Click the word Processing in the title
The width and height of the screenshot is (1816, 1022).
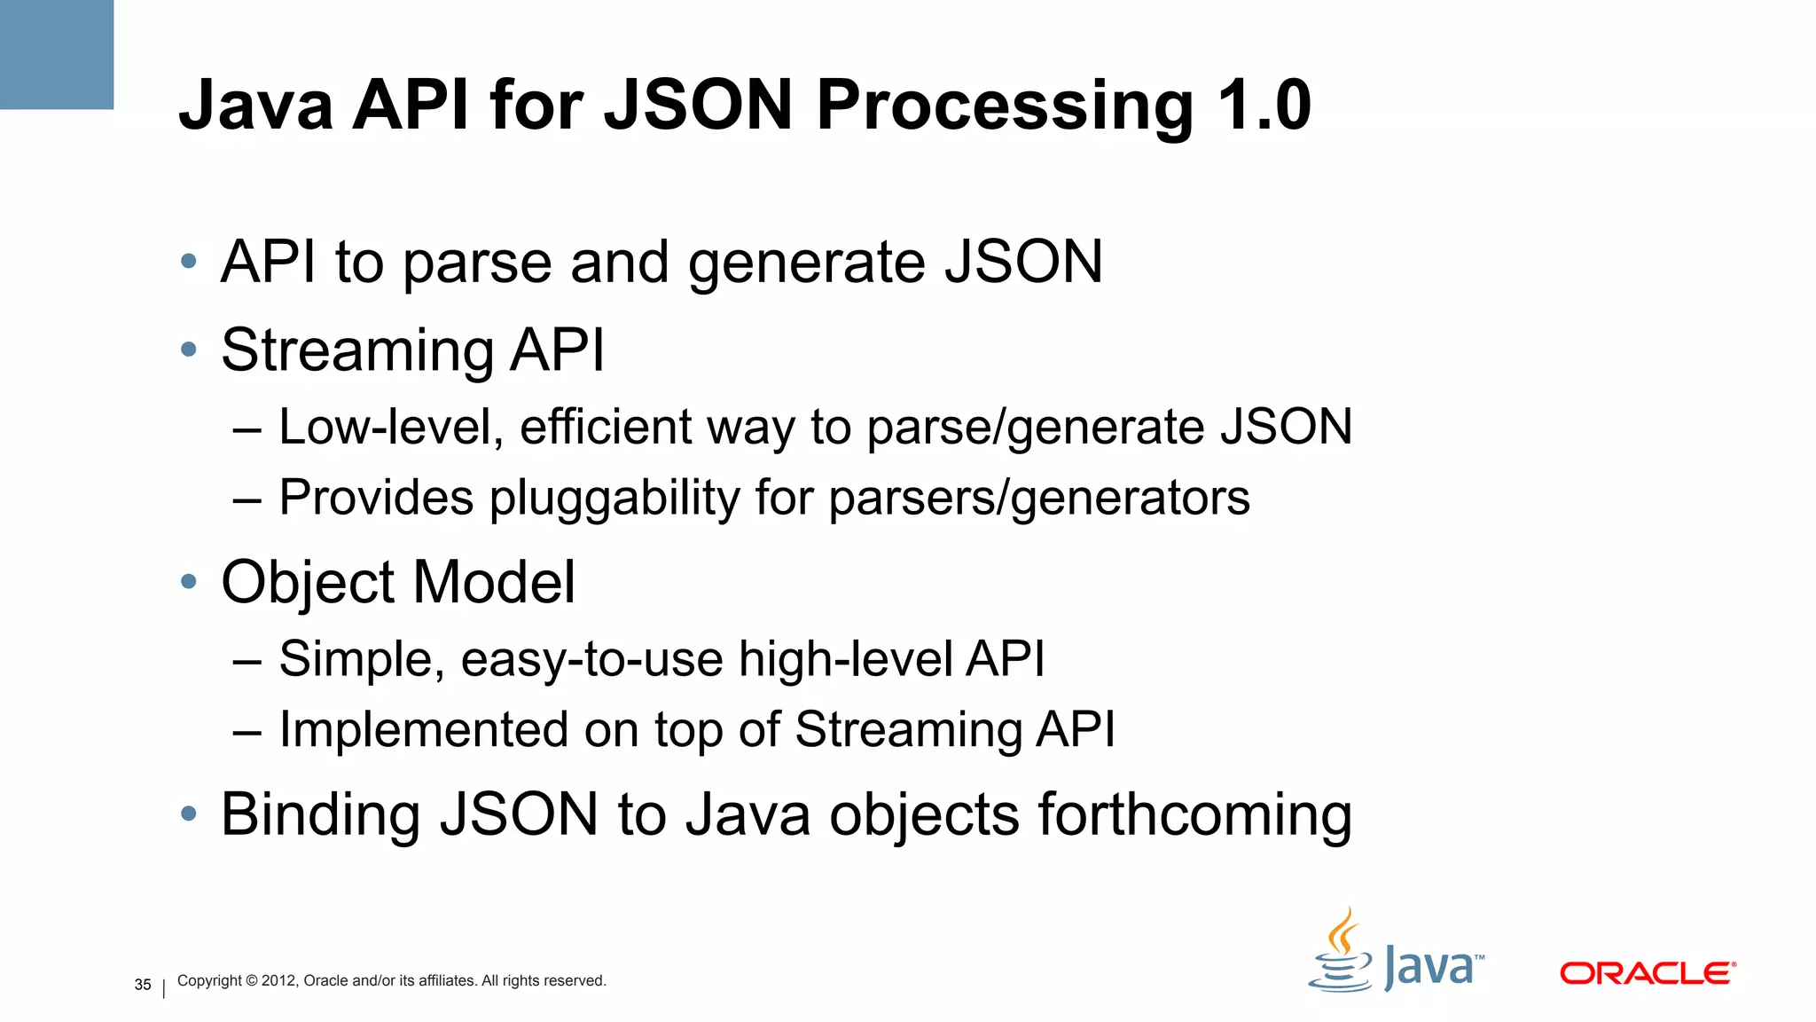coord(1005,106)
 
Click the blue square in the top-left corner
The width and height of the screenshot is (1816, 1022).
coord(56,54)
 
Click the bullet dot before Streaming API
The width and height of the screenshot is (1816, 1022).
coord(188,350)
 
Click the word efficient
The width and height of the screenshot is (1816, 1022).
coord(605,427)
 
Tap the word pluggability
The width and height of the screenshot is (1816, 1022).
coord(614,498)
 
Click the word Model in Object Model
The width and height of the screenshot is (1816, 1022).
coord(494,582)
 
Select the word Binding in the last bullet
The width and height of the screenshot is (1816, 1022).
coord(320,814)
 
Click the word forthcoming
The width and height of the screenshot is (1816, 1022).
coord(1194,814)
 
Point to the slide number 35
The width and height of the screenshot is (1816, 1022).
coord(143,985)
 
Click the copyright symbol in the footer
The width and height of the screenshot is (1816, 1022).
coord(251,981)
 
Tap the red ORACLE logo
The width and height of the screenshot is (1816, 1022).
coord(1647,973)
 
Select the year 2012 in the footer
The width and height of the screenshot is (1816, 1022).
coord(278,981)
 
